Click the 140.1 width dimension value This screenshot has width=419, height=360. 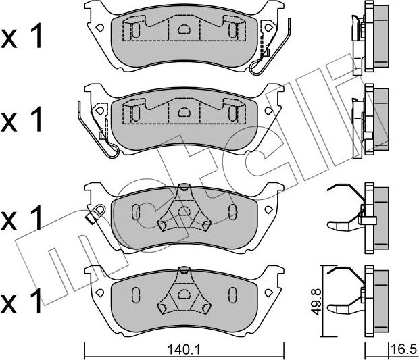pos(184,350)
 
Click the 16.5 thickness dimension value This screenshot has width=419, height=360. pos(403,350)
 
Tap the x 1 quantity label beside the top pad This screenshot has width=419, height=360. pos(22,36)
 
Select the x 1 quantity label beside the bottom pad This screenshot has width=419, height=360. pos(22,301)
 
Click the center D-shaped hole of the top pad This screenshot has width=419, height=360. pos(184,29)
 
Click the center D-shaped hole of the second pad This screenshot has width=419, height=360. pos(184,112)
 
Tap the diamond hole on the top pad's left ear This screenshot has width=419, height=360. pos(100,28)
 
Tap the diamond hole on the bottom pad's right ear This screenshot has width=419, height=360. pos(268,292)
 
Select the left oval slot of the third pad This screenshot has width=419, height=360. pos(136,212)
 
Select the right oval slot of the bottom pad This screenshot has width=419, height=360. pos(232,294)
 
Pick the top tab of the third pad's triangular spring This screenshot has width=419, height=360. pos(183,187)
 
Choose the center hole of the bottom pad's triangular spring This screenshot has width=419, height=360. pos(183,294)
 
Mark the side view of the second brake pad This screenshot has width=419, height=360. pos(370,121)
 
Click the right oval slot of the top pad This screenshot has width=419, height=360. pos(232,30)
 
